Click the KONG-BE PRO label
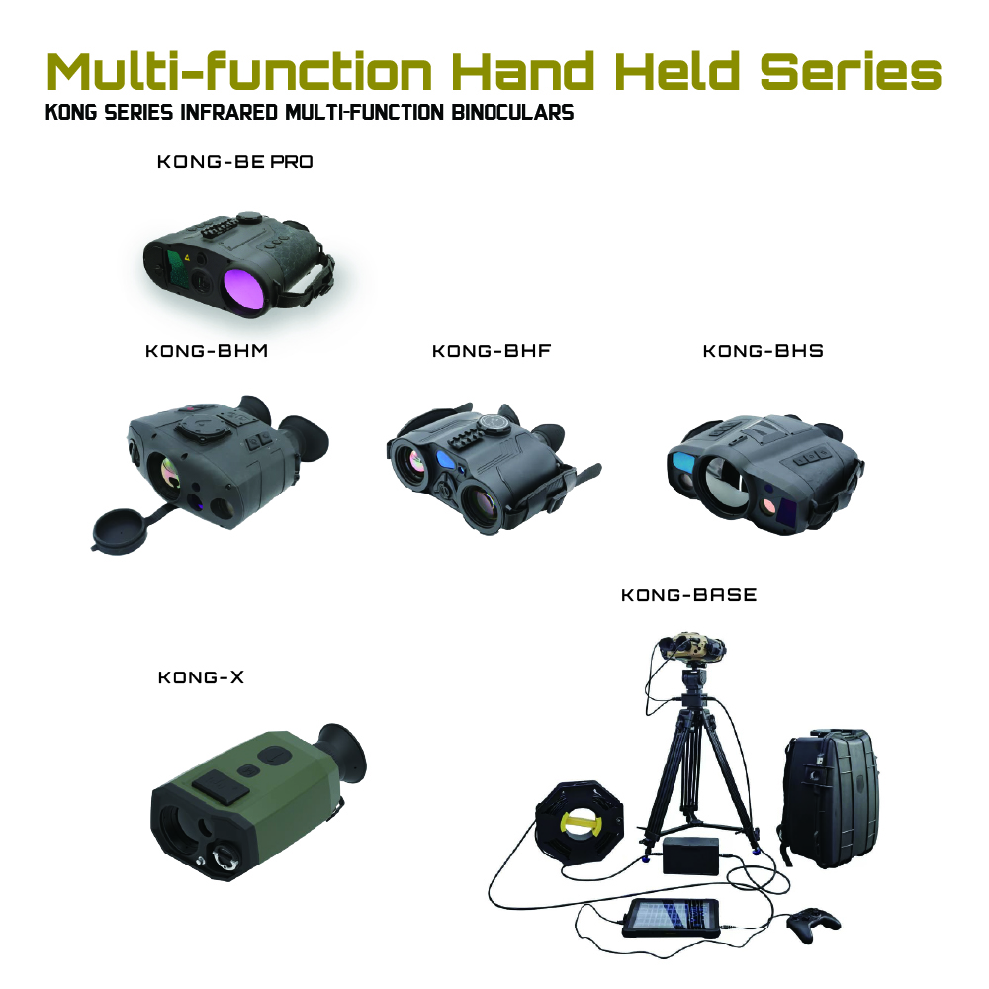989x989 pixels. (x=234, y=162)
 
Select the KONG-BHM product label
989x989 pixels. (x=207, y=351)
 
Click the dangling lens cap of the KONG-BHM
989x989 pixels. (x=120, y=530)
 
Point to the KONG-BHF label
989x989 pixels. (x=492, y=351)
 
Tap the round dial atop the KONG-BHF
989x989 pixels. (x=493, y=423)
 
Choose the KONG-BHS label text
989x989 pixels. (x=764, y=351)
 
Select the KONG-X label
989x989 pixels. (x=201, y=677)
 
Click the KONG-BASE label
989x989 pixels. (x=688, y=595)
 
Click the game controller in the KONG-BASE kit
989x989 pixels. (x=814, y=923)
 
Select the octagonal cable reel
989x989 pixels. (x=579, y=821)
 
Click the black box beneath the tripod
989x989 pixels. (x=690, y=855)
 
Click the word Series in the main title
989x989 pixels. (x=851, y=71)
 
